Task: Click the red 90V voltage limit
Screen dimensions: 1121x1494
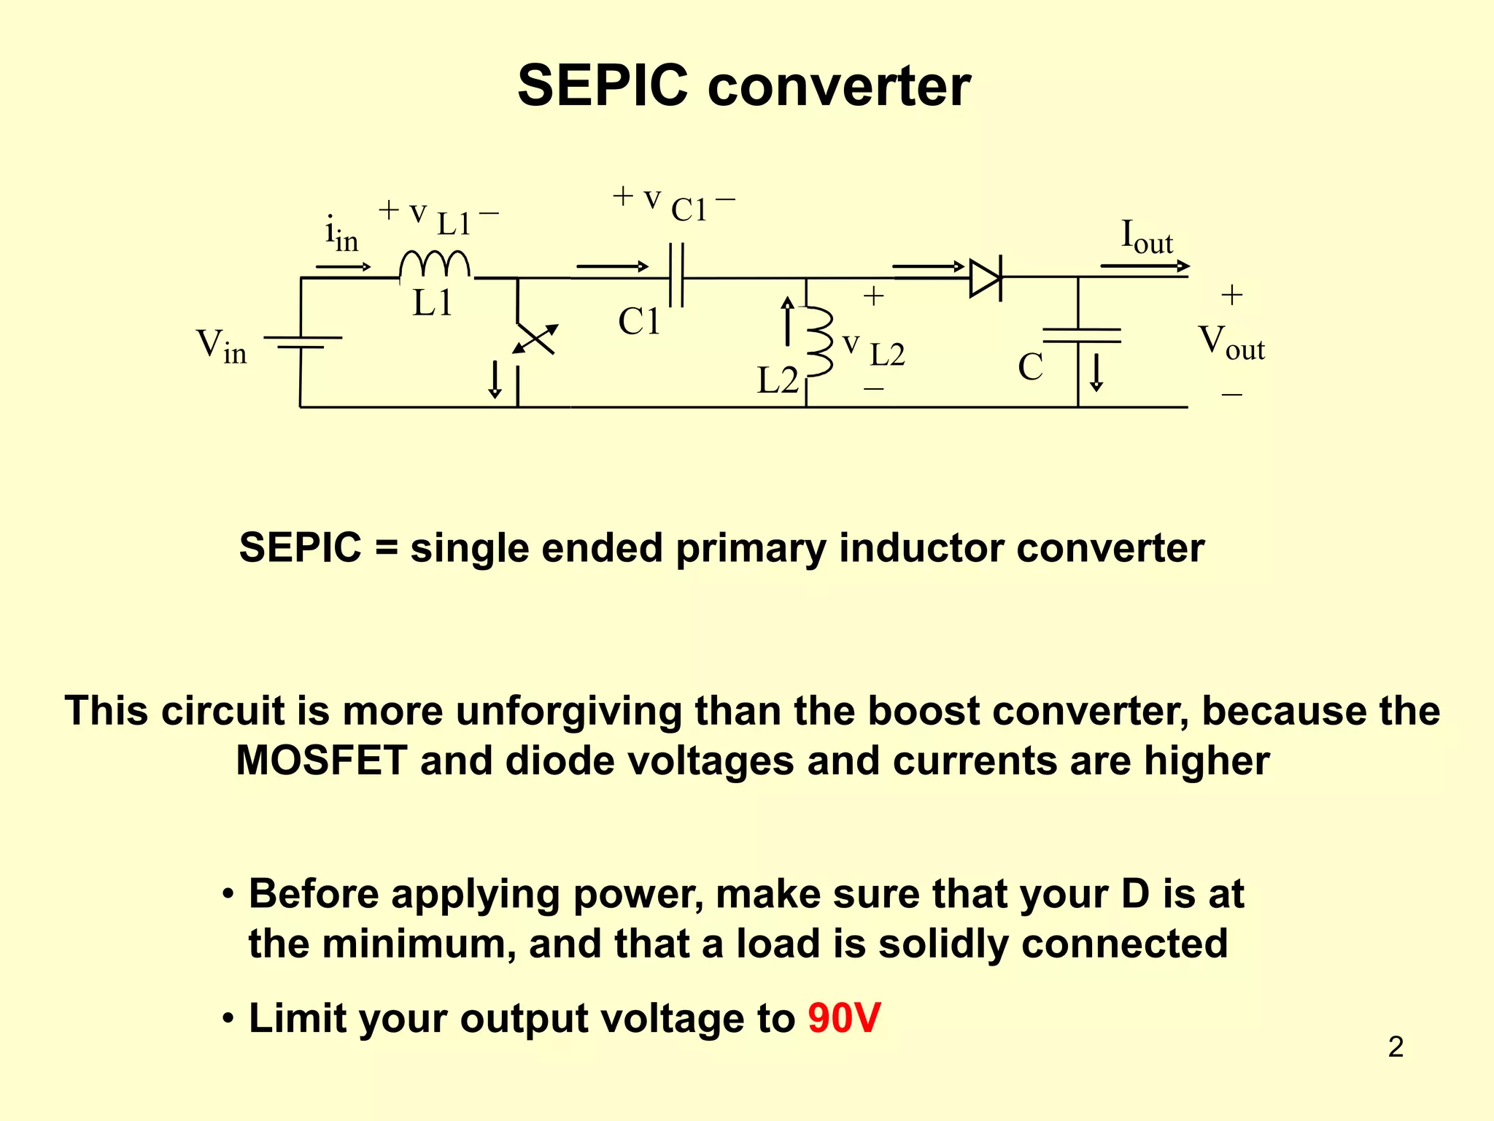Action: pos(844,1018)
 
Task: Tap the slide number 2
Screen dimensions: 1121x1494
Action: pos(1396,1047)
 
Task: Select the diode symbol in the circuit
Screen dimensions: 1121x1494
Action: pos(985,278)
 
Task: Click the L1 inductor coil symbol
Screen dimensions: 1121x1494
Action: pos(436,265)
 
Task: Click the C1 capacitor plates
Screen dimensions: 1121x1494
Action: pos(677,277)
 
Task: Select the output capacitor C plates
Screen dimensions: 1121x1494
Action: pos(1081,335)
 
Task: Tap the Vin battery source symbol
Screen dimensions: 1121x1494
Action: pos(302,342)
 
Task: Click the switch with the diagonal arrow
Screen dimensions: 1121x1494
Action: pos(535,339)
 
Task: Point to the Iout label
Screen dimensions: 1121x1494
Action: pos(1146,237)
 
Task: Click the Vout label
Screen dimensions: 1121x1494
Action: pos(1231,343)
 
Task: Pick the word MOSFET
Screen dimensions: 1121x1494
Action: pos(321,761)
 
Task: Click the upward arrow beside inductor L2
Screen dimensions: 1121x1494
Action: pos(787,321)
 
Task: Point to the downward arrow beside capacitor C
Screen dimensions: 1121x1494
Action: pos(1096,372)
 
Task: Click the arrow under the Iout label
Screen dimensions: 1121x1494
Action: pos(1145,266)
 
